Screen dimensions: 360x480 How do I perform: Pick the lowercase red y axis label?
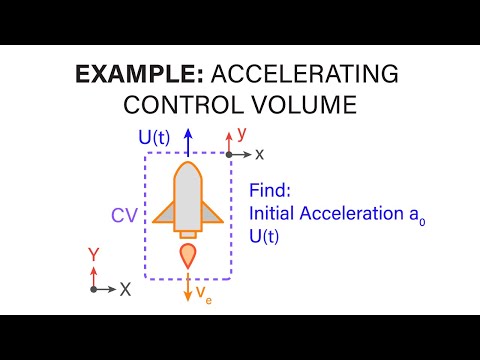(241, 131)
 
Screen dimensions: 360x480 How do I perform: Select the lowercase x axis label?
(259, 154)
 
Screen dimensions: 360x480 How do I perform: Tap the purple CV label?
(124, 214)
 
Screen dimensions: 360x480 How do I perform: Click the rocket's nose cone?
(188, 175)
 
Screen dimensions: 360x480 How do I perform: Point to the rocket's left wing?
(163, 210)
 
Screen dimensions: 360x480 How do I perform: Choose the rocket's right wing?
(213, 210)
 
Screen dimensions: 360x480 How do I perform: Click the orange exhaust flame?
(187, 255)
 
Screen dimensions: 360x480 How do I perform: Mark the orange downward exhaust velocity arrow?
(187, 288)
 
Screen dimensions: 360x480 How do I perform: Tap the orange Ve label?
(202, 293)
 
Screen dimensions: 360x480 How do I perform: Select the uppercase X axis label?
(125, 289)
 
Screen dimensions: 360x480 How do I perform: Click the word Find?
(271, 190)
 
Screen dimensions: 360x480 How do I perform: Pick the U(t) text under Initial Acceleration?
(265, 232)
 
